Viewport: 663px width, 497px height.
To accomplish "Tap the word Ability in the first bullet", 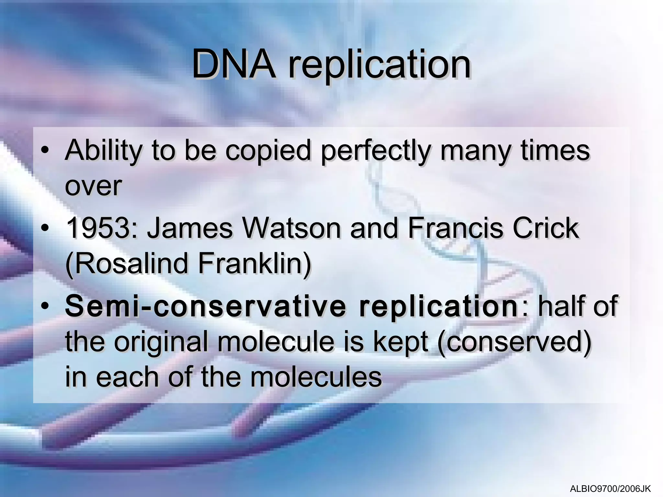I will pos(103,151).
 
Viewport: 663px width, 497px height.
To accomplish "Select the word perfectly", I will pos(376,151).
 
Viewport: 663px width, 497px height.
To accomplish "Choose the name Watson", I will pos(292,228).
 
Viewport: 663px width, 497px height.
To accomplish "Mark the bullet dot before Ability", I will pos(45,151).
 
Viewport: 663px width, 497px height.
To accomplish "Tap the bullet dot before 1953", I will pos(45,228).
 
